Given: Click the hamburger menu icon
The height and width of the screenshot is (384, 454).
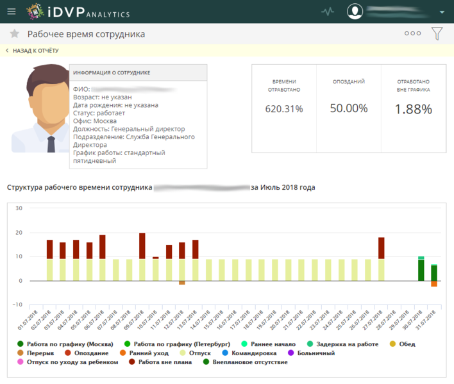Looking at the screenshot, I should tap(12, 12).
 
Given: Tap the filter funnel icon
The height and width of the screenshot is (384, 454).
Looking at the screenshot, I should tap(437, 33).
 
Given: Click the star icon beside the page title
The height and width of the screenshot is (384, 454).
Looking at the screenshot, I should tap(14, 34).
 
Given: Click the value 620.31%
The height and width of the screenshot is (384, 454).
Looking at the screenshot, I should tap(284, 109).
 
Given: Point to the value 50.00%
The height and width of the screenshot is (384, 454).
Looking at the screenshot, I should tap(349, 108).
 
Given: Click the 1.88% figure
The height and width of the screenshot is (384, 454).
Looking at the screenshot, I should tap(413, 109).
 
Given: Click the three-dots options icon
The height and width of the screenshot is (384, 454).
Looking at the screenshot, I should tap(412, 33).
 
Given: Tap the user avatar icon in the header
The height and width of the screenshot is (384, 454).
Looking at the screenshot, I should tap(355, 12).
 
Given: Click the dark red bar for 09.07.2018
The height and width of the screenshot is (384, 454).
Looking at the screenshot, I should tap(142, 246).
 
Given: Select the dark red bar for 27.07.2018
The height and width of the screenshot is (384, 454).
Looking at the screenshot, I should tap(382, 248).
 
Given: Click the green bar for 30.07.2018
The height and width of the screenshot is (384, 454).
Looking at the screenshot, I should tap(421, 271).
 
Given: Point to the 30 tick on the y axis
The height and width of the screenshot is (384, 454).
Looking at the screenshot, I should tap(19, 208).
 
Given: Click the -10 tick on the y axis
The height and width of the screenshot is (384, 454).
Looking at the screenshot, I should tap(17, 305).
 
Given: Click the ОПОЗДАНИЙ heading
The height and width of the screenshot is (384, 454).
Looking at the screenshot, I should tap(349, 82).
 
